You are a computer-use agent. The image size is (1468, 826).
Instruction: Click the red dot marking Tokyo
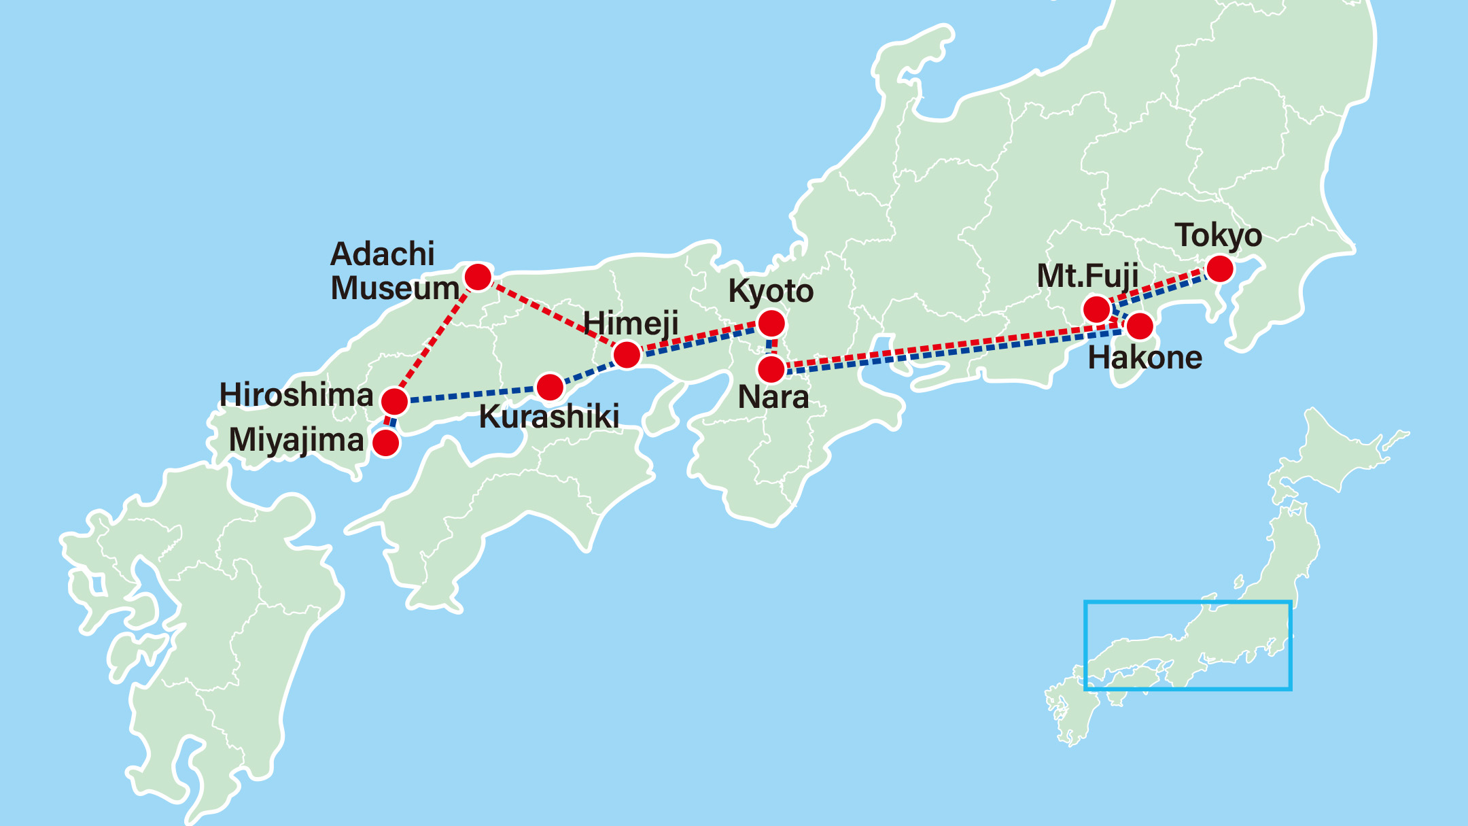(1220, 269)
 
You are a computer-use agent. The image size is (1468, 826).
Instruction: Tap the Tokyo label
(1219, 236)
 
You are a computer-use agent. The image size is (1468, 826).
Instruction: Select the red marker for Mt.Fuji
(1097, 309)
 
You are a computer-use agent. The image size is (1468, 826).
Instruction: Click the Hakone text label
(1144, 358)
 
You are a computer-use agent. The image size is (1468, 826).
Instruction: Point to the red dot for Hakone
(1140, 326)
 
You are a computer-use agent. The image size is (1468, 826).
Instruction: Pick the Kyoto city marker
(771, 323)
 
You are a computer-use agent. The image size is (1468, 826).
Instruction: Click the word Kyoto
(771, 292)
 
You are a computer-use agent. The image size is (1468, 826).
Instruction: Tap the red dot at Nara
(771, 369)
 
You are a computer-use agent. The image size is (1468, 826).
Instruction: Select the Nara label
(773, 398)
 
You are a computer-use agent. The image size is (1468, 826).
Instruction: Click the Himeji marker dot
(627, 354)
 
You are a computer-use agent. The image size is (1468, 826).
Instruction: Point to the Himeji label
(631, 324)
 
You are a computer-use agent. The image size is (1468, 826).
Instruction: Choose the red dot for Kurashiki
(550, 387)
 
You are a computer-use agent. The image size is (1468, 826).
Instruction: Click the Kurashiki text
(549, 417)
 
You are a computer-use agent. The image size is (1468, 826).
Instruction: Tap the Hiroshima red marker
(395, 401)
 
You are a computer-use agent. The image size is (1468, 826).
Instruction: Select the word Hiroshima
(296, 395)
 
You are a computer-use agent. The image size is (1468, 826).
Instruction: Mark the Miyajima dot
(386, 443)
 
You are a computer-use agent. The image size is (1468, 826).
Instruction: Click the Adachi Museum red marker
(478, 277)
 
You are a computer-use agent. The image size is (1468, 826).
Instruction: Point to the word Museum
(395, 288)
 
